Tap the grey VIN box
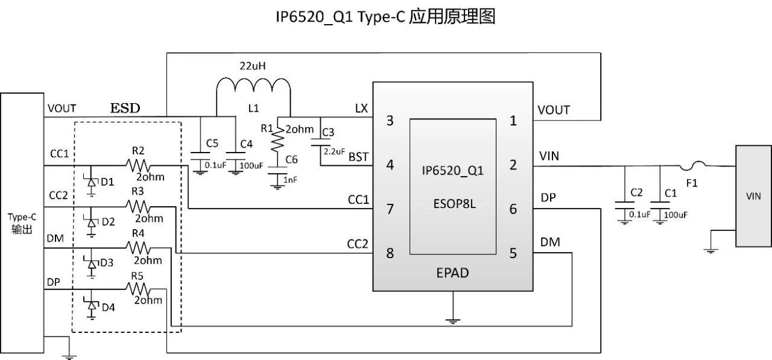tap(753, 195)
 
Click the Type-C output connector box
tap(22, 223)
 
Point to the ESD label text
tap(125, 109)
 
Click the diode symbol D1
tap(92, 182)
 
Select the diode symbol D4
tap(92, 306)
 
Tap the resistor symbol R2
tap(138, 165)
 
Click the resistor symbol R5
tap(138, 289)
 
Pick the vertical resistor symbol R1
tap(277, 141)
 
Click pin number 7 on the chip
tap(390, 209)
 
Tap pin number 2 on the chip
tap(513, 165)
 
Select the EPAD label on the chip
tap(452, 273)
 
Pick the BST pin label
tap(359, 158)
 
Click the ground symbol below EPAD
tap(453, 320)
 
